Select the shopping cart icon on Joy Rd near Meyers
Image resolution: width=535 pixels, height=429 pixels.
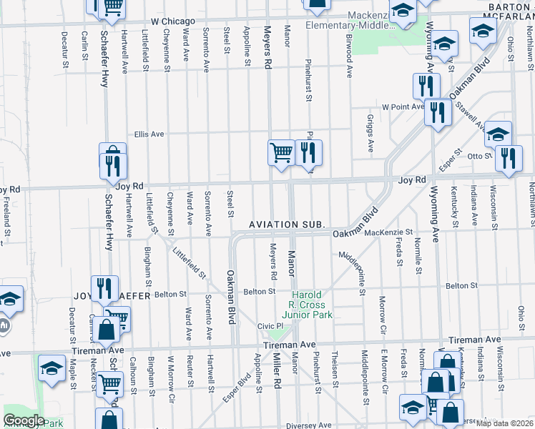[x=280, y=152]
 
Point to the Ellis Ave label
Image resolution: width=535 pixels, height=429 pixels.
[x=149, y=134]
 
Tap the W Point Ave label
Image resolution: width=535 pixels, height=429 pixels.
[x=403, y=107]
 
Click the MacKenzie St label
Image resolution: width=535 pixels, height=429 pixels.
[x=388, y=232]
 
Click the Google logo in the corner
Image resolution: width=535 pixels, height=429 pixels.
[x=23, y=420]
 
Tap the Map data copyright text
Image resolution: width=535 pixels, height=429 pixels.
[x=504, y=423]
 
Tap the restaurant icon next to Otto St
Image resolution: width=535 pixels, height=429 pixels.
[x=508, y=159]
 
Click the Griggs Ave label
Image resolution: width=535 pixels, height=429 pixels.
[x=370, y=133]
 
